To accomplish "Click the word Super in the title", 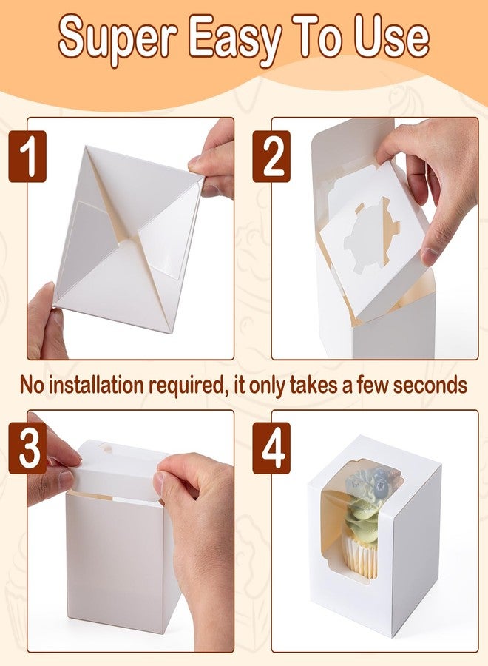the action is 118,39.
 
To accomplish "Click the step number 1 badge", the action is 27,156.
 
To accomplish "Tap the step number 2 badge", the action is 271,156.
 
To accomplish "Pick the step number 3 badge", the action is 27,448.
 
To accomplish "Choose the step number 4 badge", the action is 271,448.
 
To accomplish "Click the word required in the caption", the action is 186,386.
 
